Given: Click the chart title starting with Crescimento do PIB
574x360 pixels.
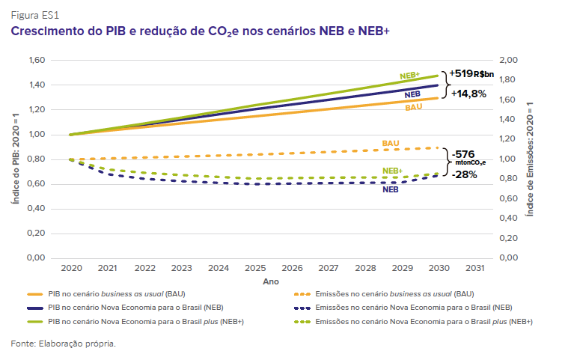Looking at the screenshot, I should tap(200, 31).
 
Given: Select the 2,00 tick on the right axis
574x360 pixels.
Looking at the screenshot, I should tap(508, 60).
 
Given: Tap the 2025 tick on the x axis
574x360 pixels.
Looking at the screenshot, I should tap(255, 268).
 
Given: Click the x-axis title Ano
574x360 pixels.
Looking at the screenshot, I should tap(271, 282).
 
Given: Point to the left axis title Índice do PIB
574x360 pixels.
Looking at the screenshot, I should tap(14, 159).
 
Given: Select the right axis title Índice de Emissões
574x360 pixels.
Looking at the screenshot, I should tap(530, 159).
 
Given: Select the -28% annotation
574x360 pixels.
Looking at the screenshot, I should tap(464, 174).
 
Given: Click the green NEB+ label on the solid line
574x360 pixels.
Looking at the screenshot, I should tap(409, 76).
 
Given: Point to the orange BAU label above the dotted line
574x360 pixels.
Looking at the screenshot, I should tap(390, 142).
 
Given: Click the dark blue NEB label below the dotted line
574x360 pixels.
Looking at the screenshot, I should tap(390, 190).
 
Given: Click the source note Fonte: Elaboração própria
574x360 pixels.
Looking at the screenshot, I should tap(64, 344).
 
